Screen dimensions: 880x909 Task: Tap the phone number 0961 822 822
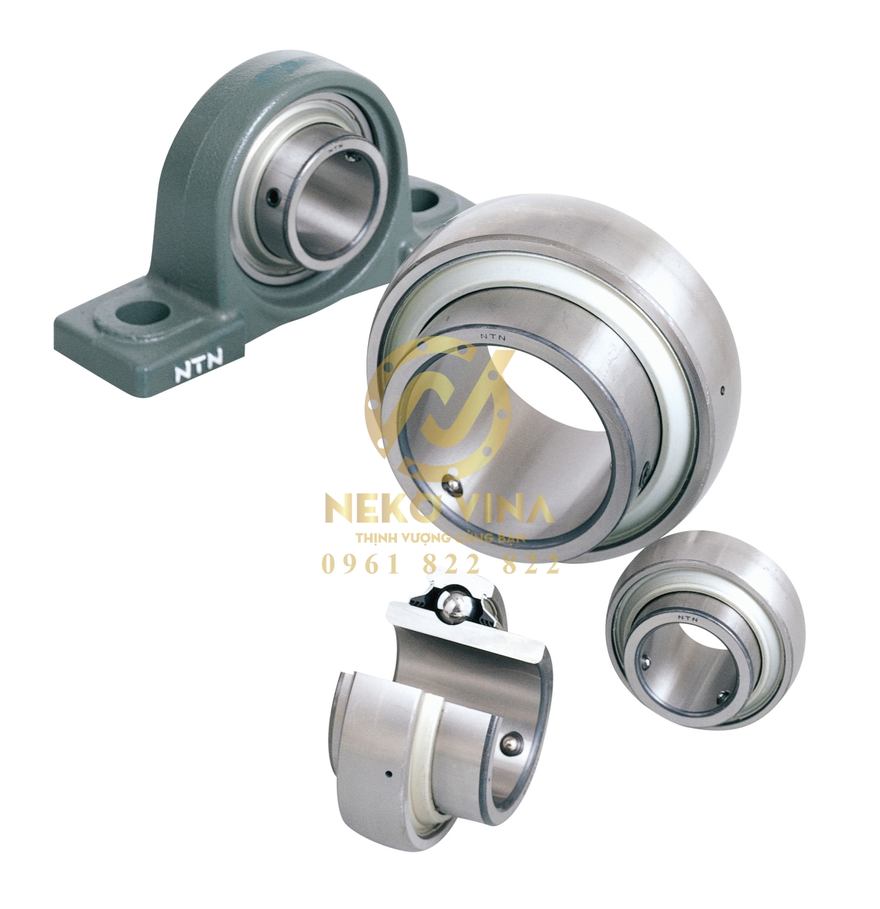point(441,565)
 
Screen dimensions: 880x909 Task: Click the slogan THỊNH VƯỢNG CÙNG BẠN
point(440,538)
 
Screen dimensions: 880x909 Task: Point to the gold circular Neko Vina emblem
point(439,411)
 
